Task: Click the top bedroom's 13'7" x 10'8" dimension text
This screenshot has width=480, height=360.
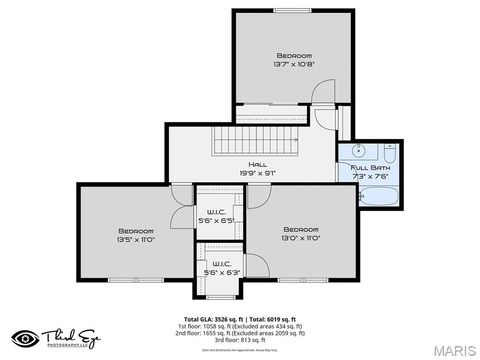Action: tap(293, 64)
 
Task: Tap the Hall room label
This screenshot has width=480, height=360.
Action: tap(258, 164)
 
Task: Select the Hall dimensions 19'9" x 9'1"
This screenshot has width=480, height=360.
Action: tap(258, 172)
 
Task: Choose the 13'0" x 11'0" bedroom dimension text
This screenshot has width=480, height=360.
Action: tap(300, 237)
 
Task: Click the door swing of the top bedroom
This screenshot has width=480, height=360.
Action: tap(324, 95)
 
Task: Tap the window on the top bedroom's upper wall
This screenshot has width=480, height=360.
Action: tap(293, 11)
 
